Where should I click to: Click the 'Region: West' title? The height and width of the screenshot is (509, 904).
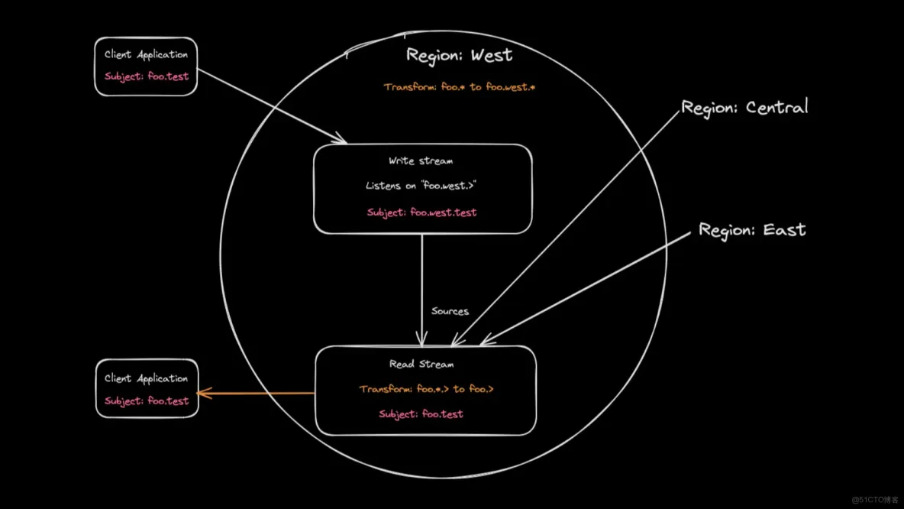[459, 55]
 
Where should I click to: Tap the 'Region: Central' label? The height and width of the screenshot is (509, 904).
[744, 108]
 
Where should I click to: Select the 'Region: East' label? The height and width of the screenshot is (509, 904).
[752, 230]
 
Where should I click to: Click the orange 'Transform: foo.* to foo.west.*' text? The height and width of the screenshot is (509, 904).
[459, 87]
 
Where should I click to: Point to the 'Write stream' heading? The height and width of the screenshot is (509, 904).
[421, 161]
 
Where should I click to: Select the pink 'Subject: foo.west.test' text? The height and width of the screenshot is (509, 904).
[421, 212]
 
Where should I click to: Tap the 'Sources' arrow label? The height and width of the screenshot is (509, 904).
[450, 311]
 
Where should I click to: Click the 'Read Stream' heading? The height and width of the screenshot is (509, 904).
[421, 365]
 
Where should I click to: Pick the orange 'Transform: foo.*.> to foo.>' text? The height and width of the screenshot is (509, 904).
[426, 389]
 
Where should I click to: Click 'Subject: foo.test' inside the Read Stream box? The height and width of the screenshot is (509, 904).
[421, 414]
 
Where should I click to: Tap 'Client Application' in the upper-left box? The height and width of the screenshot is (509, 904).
[146, 55]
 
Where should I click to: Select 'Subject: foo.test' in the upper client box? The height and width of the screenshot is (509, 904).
[147, 76]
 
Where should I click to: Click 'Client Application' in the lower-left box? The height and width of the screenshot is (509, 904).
[146, 378]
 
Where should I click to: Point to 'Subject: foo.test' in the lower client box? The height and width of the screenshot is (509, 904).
[147, 400]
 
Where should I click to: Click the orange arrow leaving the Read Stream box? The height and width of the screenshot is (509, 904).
[257, 394]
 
